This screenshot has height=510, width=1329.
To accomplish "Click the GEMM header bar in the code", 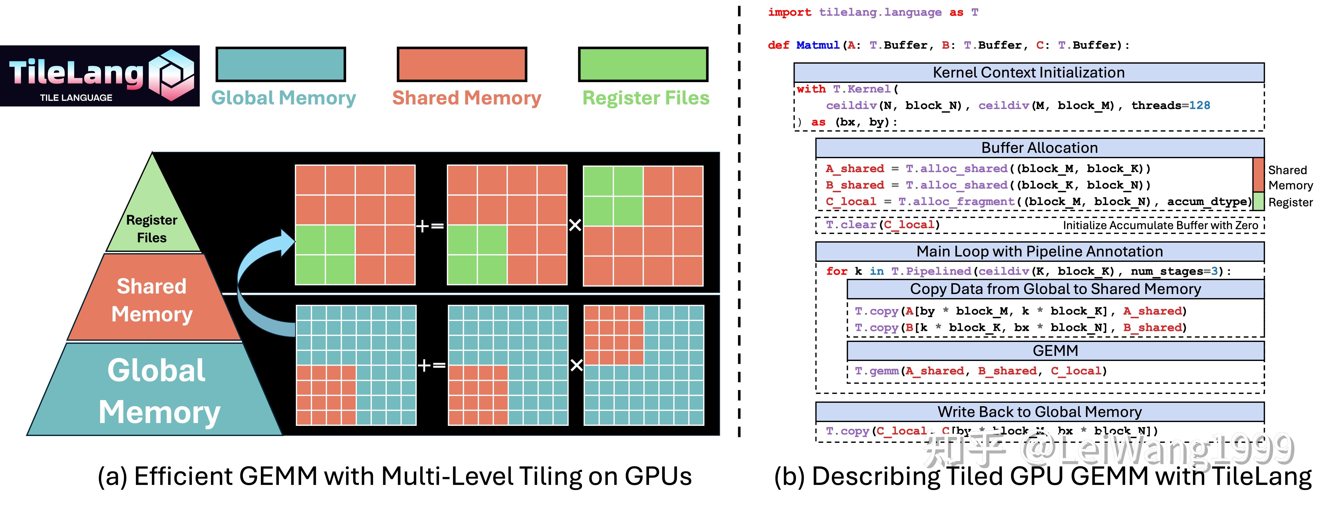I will point(1055,351).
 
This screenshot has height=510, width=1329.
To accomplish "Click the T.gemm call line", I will point(980,371).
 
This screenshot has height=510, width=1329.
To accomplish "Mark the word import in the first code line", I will point(789,12).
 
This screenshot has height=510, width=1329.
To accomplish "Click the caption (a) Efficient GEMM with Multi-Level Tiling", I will point(395,476).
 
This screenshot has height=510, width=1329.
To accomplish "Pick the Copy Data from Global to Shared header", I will point(1055,289).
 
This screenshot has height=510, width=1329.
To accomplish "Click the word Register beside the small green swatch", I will point(1290,202).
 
